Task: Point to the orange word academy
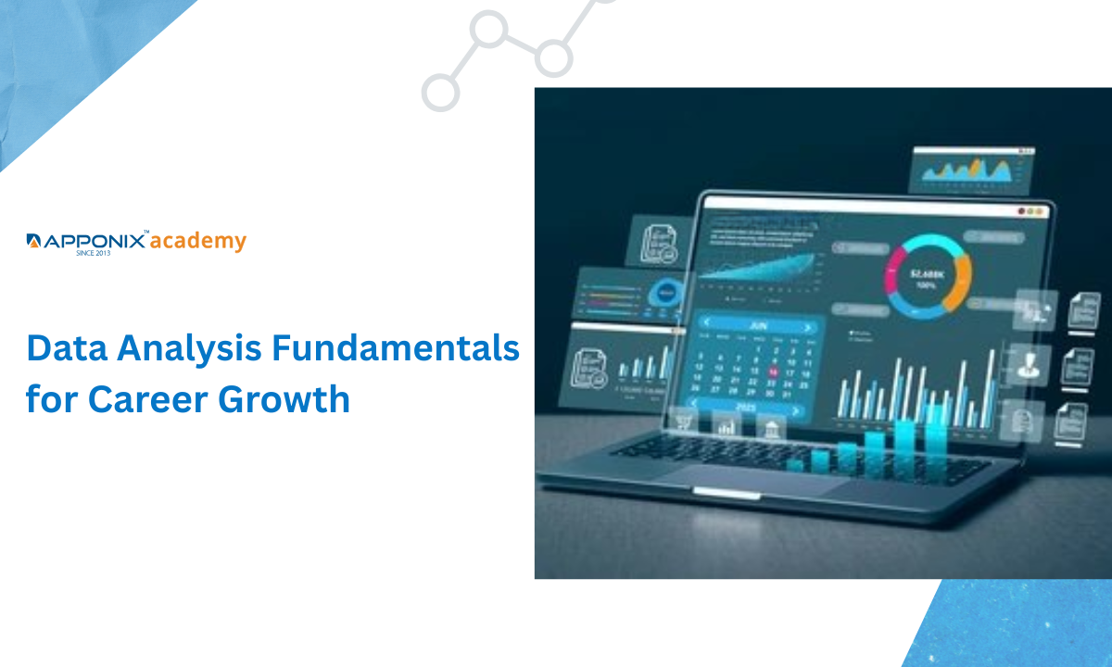(x=197, y=242)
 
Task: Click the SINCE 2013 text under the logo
(x=93, y=252)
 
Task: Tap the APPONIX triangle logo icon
(x=33, y=242)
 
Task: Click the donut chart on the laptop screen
(x=927, y=275)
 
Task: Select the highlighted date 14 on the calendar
(x=773, y=371)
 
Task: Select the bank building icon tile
(x=771, y=426)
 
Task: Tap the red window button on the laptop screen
(x=1022, y=212)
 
